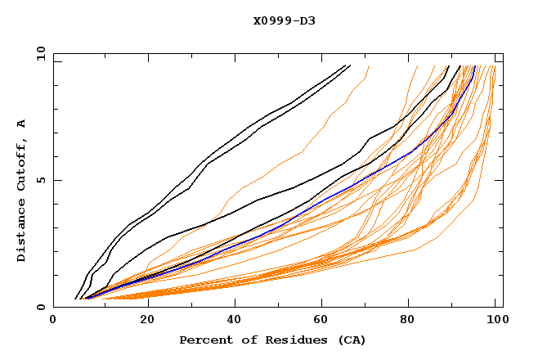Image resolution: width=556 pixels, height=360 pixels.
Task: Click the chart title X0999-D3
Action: click(284, 20)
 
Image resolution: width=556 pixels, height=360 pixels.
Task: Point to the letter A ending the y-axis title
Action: click(21, 123)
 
